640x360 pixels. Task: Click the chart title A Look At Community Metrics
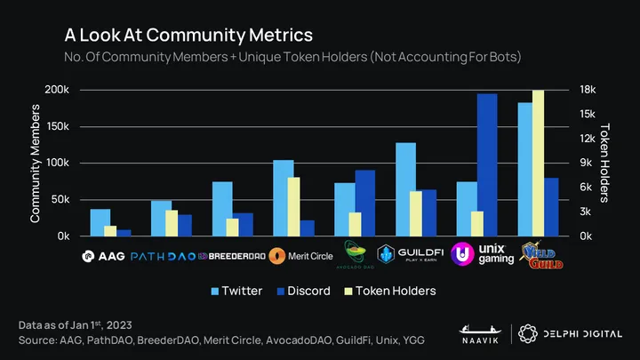(188, 36)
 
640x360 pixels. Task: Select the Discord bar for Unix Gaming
(487, 164)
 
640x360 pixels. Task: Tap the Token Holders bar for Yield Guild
(538, 163)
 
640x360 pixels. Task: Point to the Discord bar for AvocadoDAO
(364, 203)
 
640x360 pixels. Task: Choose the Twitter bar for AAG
(100, 222)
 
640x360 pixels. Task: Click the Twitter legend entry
(235, 291)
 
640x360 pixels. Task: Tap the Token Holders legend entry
(388, 291)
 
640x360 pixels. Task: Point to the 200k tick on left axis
(56, 90)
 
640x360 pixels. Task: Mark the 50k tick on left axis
(59, 200)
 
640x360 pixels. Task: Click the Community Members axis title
(36, 163)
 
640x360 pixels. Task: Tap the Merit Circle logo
(300, 256)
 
